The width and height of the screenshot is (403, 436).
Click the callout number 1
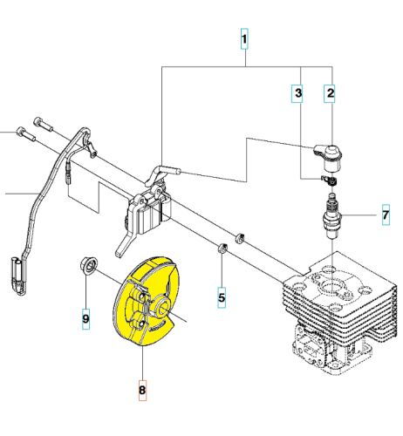[x=244, y=38]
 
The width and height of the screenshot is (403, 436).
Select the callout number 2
[x=330, y=93]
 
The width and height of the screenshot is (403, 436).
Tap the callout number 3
[x=297, y=93]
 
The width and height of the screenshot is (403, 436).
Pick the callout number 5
[x=222, y=297]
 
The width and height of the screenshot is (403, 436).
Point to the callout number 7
[x=386, y=215]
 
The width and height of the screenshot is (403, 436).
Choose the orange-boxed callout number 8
[x=142, y=391]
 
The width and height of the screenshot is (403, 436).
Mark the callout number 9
[x=85, y=319]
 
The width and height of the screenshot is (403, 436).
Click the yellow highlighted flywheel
[x=146, y=301]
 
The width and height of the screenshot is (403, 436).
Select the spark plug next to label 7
[x=332, y=216]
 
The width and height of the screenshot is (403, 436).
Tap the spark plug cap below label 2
[x=330, y=157]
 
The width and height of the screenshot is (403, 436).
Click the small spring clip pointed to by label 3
[x=329, y=181]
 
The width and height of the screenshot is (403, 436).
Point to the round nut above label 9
[x=89, y=265]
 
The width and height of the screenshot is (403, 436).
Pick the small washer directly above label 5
[x=222, y=248]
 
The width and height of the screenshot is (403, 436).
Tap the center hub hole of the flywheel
[x=163, y=308]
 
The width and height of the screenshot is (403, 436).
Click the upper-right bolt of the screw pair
[x=44, y=125]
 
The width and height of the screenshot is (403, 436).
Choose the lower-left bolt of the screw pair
[x=26, y=134]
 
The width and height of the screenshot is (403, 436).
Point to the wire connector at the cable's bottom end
[x=18, y=276]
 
